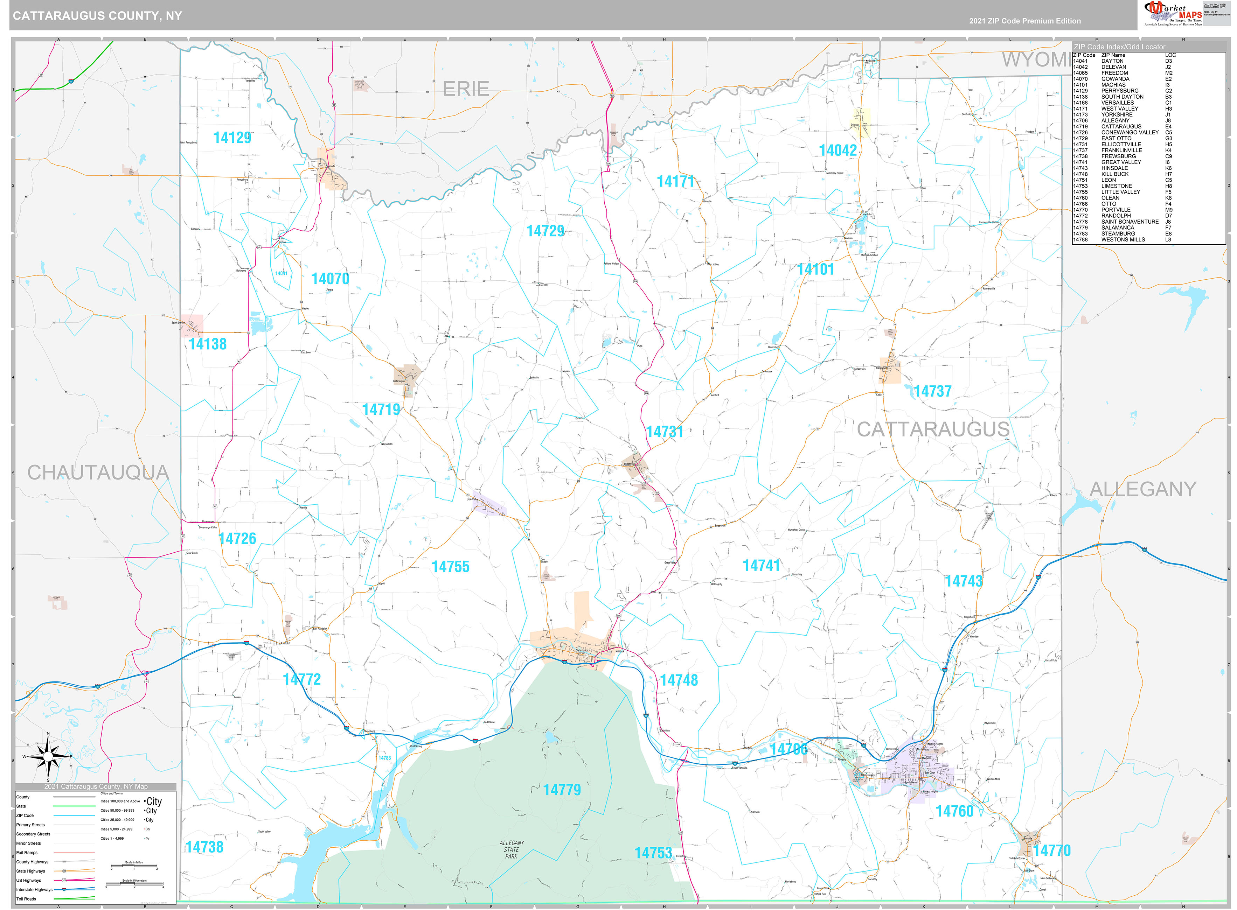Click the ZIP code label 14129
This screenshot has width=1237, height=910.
coord(232,138)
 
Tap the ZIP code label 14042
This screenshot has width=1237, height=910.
coord(838,150)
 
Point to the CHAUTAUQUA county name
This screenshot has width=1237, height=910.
coord(98,472)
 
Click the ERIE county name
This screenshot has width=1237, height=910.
coord(466,89)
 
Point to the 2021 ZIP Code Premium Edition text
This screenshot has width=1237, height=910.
coord(1024,21)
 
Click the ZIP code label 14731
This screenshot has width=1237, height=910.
coord(665,432)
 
